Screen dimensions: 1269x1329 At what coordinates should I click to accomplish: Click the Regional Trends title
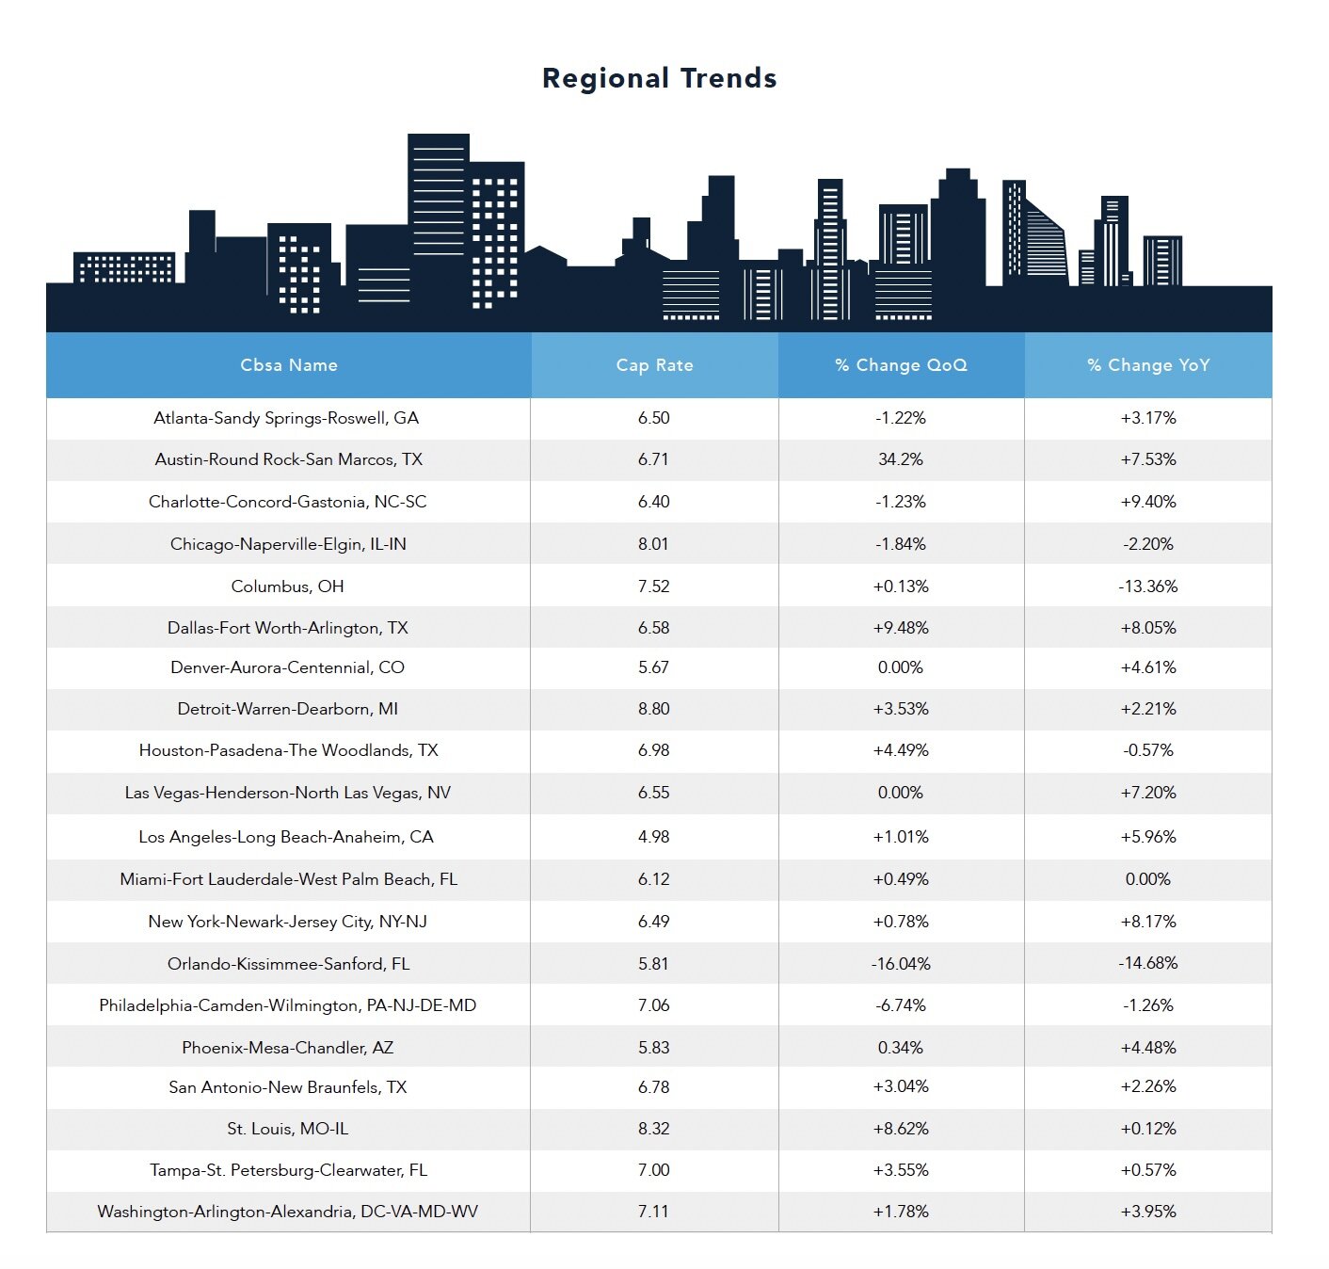[659, 78]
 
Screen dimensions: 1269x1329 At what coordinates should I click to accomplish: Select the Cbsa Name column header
[288, 365]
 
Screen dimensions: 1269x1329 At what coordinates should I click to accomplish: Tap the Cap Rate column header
[654, 365]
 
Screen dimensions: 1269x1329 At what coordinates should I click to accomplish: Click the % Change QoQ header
[901, 365]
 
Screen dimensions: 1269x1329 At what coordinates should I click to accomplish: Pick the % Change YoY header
[1148, 365]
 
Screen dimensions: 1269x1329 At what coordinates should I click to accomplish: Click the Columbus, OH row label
[287, 586]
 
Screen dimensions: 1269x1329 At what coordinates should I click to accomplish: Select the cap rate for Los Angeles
[653, 837]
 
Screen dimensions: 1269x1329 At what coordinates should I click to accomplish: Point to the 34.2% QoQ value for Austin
[901, 459]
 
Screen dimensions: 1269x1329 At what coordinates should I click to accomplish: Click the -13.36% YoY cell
[1148, 586]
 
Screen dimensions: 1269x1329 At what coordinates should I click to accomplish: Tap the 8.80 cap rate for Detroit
[653, 709]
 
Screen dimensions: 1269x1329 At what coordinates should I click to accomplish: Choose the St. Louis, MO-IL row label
[287, 1129]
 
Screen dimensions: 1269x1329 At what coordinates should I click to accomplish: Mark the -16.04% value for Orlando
[901, 964]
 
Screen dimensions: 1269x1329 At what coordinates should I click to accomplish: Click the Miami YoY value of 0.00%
[1148, 879]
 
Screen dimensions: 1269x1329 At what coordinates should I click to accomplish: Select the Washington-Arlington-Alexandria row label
[287, 1212]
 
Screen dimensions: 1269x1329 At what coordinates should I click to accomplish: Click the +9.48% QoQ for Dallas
[901, 628]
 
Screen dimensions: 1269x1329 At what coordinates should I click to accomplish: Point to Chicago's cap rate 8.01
[653, 544]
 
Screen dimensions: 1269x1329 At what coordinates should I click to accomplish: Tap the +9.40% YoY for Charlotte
[1148, 502]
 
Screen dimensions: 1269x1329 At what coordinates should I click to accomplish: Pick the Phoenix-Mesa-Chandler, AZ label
[287, 1048]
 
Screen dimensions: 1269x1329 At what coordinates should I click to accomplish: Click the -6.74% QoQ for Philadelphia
[901, 1005]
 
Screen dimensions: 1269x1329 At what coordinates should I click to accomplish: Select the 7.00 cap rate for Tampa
[653, 1170]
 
